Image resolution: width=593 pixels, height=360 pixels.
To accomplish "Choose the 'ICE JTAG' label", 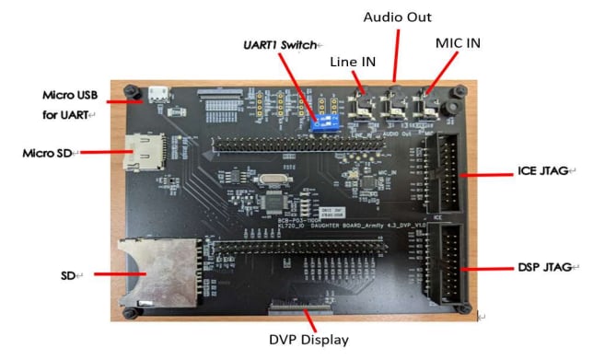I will (542, 171).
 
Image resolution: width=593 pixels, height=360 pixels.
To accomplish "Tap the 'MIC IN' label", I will (458, 43).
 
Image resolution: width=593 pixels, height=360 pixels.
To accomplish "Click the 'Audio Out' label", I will (398, 17).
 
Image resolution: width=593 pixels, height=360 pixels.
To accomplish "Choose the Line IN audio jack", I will (366, 105).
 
